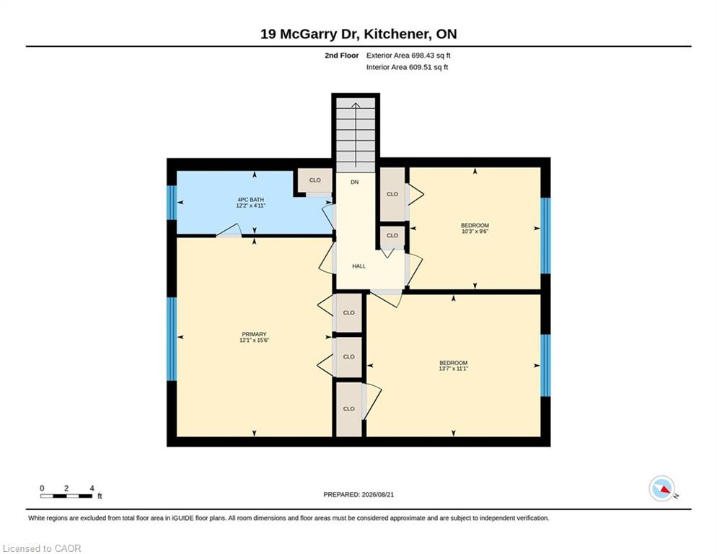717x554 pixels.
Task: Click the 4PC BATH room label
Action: pyautogui.click(x=250, y=200)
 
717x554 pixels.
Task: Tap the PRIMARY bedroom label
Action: pyautogui.click(x=254, y=334)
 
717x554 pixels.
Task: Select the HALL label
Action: pyautogui.click(x=359, y=265)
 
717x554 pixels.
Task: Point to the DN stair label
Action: pyautogui.click(x=355, y=182)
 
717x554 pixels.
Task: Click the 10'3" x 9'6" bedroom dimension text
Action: pyautogui.click(x=475, y=232)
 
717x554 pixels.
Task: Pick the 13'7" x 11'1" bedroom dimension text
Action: pyautogui.click(x=454, y=369)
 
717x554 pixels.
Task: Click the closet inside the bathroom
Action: pyautogui.click(x=315, y=180)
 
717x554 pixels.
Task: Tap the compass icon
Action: pyautogui.click(x=662, y=488)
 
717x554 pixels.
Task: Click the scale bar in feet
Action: pyautogui.click(x=66, y=496)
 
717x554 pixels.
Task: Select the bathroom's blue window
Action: pyautogui.click(x=172, y=203)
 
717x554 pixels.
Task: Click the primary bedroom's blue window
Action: pyautogui.click(x=172, y=339)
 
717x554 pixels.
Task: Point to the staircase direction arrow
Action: pyautogui.click(x=356, y=135)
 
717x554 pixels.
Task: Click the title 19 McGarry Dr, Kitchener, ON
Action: pyautogui.click(x=358, y=34)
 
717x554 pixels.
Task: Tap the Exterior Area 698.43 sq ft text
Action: pyautogui.click(x=408, y=56)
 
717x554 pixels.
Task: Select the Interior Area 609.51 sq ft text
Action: pyautogui.click(x=407, y=67)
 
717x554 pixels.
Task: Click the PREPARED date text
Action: pyautogui.click(x=358, y=495)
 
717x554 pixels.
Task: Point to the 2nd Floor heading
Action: pyautogui.click(x=342, y=56)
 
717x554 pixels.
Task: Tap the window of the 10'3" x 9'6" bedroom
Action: pyautogui.click(x=545, y=236)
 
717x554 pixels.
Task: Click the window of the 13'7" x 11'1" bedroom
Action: pyautogui.click(x=545, y=366)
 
